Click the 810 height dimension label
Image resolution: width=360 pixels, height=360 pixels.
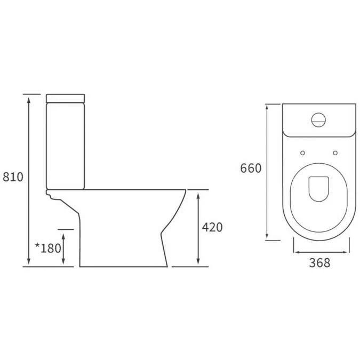(13, 177)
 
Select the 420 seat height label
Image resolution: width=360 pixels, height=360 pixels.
(212, 227)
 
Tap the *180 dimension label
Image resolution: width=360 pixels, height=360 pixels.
(47, 249)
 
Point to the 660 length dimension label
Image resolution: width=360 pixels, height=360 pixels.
(251, 169)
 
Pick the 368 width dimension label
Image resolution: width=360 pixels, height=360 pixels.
(320, 263)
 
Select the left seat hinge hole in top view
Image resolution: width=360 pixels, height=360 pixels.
(302, 153)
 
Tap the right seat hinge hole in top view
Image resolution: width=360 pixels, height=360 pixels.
(335, 153)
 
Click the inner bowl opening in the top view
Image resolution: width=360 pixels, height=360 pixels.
(319, 187)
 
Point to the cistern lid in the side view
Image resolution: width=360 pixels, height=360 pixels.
(66, 98)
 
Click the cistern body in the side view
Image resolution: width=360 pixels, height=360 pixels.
(66, 144)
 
